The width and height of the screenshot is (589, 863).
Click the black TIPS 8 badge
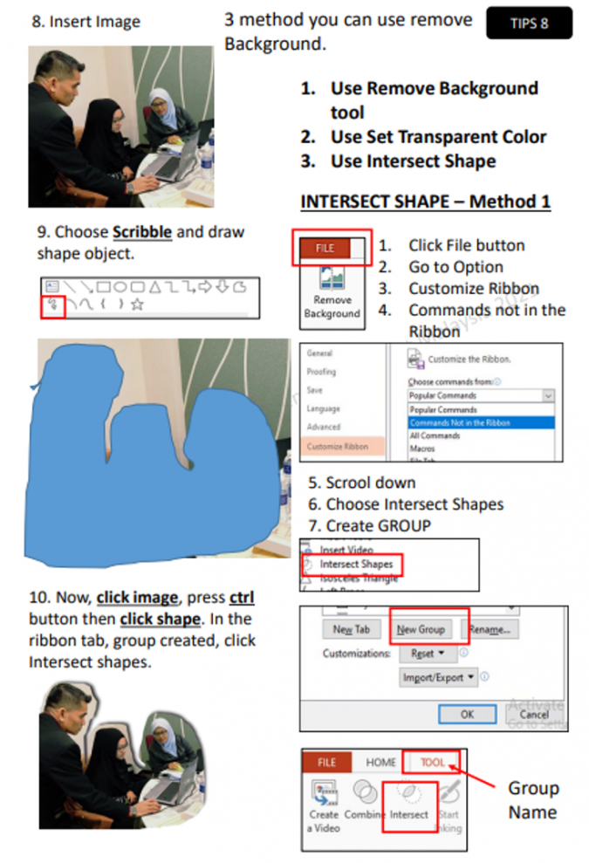tap(529, 24)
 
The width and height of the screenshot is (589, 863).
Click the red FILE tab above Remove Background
tap(325, 248)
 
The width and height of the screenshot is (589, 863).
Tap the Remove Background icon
tap(332, 292)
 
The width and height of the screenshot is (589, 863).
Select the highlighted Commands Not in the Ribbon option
tap(480, 422)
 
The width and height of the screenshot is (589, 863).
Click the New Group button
tap(421, 628)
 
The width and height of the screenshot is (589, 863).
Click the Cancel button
tap(533, 713)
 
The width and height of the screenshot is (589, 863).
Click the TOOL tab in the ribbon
tap(432, 762)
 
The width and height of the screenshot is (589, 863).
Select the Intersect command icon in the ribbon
tap(409, 803)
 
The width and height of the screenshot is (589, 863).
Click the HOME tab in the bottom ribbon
tap(380, 762)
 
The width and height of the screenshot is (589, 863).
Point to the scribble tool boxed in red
tap(52, 305)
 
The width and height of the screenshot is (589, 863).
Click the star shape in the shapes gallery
tap(137, 305)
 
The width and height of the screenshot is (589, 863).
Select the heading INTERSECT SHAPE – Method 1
tap(425, 202)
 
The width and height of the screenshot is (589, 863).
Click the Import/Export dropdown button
tap(439, 676)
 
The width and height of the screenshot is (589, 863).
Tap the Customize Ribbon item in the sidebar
tap(337, 446)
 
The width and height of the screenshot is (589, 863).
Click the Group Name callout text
tap(532, 799)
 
